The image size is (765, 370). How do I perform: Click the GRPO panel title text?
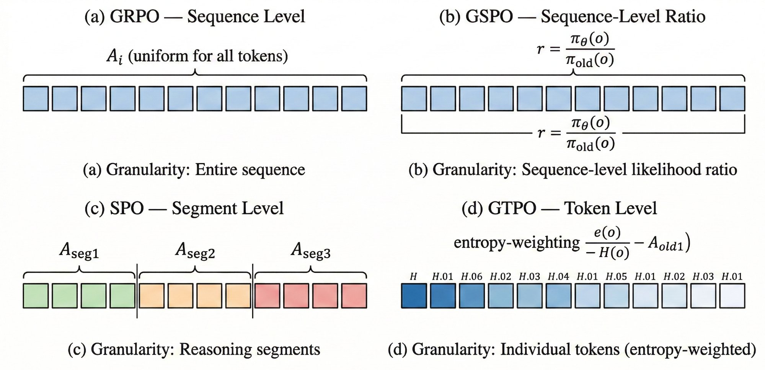click(194, 16)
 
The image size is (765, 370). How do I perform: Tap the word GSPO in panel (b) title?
click(489, 16)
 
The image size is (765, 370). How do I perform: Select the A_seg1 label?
click(79, 251)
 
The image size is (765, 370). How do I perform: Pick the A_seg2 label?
click(195, 251)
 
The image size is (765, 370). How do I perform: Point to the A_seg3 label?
click(310, 251)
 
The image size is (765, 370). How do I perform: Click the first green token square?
click(36, 296)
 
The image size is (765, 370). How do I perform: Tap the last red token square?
click(354, 296)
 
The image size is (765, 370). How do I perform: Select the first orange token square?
click(152, 296)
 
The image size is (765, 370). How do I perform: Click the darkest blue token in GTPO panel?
click(414, 296)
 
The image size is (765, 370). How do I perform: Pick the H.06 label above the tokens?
click(471, 276)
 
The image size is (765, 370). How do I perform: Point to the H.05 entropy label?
click(616, 276)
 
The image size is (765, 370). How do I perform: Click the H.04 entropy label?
click(558, 276)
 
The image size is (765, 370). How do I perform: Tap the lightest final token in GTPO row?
click(732, 296)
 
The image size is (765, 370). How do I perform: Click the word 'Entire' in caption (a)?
click(215, 170)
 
